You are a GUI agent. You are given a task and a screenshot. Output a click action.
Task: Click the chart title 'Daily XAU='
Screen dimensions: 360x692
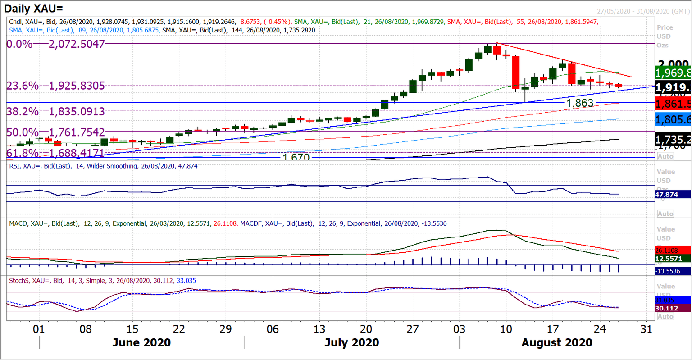point(34,8)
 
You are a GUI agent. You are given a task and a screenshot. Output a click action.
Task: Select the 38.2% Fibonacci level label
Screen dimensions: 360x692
point(55,111)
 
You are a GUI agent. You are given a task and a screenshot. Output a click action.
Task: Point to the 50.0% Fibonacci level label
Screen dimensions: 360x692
point(55,132)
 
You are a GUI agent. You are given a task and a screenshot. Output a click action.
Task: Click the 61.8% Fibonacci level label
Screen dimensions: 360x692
point(55,154)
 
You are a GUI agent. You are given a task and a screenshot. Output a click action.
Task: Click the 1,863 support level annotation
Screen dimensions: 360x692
point(579,103)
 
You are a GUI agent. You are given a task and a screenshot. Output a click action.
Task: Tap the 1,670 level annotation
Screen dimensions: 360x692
point(296,158)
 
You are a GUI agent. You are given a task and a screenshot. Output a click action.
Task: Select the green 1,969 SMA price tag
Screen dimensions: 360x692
point(673,73)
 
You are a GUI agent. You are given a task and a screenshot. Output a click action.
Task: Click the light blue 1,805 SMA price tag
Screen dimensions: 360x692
point(673,119)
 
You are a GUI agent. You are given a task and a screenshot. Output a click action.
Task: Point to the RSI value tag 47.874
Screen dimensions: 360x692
point(673,195)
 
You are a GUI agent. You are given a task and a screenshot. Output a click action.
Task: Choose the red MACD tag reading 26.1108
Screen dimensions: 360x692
point(673,250)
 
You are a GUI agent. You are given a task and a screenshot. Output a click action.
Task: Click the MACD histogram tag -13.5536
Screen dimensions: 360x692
point(673,271)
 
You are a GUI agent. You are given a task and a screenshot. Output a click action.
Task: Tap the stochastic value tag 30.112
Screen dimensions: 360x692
point(673,308)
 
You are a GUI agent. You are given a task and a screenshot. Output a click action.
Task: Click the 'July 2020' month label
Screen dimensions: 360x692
point(351,343)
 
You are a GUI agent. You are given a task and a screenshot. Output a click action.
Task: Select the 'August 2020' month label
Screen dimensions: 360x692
point(557,343)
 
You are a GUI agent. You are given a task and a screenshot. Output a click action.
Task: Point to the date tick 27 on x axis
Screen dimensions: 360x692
point(413,329)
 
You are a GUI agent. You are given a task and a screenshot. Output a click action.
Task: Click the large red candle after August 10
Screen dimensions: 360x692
point(516,72)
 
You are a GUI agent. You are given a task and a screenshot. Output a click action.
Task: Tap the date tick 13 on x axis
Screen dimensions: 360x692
point(319,329)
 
